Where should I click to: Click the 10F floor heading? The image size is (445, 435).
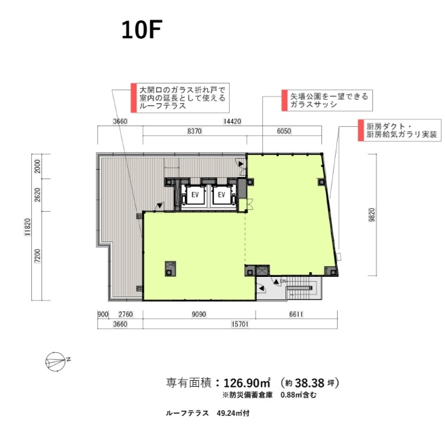coord(141,30)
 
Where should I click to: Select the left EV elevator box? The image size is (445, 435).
coord(195,195)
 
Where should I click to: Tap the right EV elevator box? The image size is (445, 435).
coord(221,195)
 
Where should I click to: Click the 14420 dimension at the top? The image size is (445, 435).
coord(232,121)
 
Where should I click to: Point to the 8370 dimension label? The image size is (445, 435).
coord(194,131)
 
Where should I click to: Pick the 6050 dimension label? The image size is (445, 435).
coord(284,131)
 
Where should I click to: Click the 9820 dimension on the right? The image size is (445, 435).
coord(372,214)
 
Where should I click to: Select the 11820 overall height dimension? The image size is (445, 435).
coord(27,227)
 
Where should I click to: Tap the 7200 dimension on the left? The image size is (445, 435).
coord(37,256)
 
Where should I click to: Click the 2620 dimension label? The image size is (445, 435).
coord(37,195)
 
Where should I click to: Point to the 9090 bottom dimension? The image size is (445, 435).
coord(199,314)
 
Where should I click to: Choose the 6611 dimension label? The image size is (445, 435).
coord(296,314)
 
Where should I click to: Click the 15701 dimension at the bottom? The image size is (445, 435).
coord(240,324)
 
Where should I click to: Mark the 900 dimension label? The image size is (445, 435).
coord(103,314)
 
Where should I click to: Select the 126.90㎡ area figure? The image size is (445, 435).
coord(247,383)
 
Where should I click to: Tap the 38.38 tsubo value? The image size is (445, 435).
coord(310,383)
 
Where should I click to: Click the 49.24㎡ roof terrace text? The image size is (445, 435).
coord(233,413)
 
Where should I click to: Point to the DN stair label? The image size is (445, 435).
coord(283,282)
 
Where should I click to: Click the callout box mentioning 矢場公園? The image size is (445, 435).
coord(327,100)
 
